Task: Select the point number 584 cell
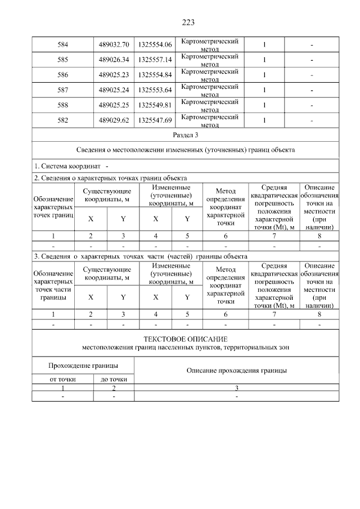[x=62, y=44]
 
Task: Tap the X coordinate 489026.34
[x=113, y=60]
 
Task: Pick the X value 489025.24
[x=113, y=90]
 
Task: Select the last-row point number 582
[x=62, y=120]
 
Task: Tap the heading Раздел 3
[x=185, y=136]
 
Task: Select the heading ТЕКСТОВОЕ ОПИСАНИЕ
[x=185, y=339]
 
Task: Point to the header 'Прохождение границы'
[x=83, y=366]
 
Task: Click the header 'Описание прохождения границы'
[x=236, y=371]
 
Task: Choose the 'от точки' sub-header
[x=62, y=380]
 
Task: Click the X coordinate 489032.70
[x=113, y=44]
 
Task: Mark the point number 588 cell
[x=62, y=105]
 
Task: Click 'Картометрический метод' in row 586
[x=210, y=75]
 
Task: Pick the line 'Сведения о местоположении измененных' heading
[x=185, y=151]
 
